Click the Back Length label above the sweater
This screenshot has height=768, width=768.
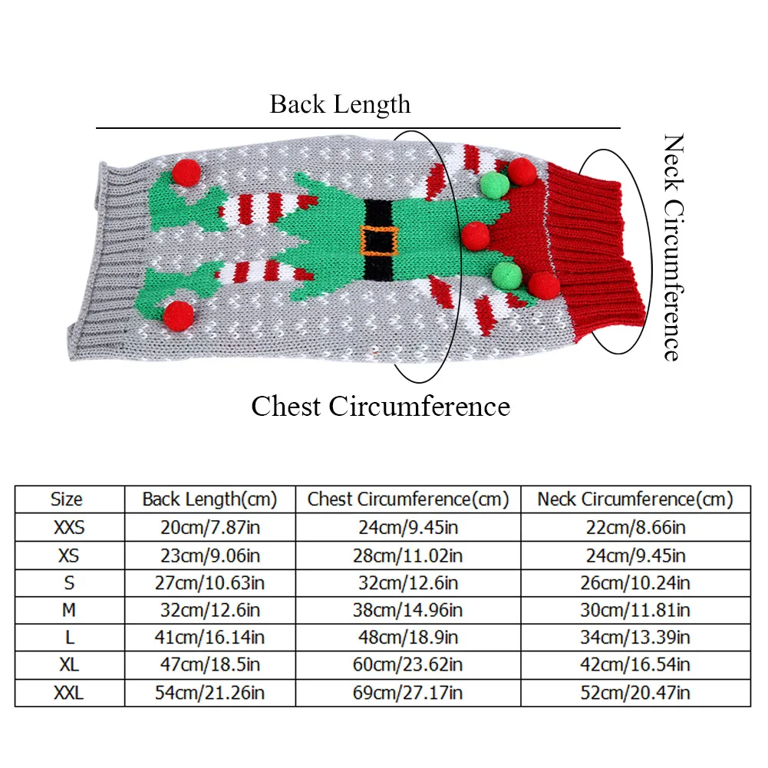[340, 104]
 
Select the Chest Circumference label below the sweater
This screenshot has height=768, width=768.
[381, 405]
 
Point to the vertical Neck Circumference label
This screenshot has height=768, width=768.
[672, 247]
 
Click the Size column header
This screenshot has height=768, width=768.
[67, 499]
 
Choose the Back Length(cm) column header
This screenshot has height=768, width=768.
[209, 499]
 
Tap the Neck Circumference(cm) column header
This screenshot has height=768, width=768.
[635, 499]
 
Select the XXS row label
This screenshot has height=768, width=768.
[69, 528]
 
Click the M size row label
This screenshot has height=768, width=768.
[69, 611]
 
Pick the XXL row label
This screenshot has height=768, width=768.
[69, 694]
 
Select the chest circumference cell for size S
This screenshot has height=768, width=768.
[407, 583]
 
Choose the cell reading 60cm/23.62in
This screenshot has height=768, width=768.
[407, 666]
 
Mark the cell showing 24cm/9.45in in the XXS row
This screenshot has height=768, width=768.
[407, 528]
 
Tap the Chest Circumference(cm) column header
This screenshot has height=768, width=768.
[408, 499]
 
